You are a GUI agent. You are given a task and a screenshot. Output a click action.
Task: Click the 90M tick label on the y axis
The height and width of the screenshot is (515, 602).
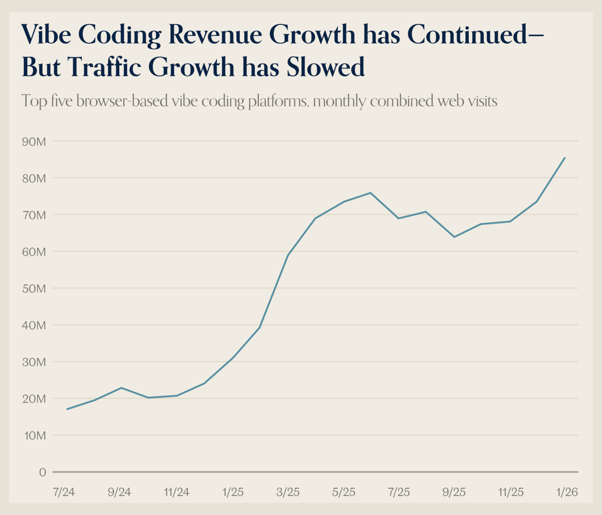pyautogui.click(x=33, y=141)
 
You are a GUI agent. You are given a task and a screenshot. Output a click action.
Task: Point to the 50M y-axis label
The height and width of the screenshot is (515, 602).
pyautogui.click(x=33, y=288)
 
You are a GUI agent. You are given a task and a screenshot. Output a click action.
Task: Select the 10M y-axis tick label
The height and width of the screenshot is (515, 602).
pyautogui.click(x=33, y=435)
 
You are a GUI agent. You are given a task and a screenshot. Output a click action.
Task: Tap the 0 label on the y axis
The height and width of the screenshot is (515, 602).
pyautogui.click(x=42, y=472)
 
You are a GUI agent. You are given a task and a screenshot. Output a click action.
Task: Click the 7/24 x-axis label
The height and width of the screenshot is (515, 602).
pyautogui.click(x=65, y=492)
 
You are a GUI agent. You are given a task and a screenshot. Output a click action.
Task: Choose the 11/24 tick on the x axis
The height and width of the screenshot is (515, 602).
pyautogui.click(x=177, y=492)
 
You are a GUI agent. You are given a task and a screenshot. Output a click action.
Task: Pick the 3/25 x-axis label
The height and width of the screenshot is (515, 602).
pyautogui.click(x=288, y=492)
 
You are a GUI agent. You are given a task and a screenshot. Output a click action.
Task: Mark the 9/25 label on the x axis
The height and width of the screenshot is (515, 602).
pyautogui.click(x=454, y=492)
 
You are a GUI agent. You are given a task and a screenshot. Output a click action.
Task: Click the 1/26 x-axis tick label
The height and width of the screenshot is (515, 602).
pyautogui.click(x=566, y=492)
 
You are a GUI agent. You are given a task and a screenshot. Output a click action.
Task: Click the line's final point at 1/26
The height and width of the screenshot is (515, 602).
pyautogui.click(x=565, y=158)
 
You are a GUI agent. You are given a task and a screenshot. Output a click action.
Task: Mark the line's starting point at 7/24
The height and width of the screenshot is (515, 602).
pyautogui.click(x=67, y=409)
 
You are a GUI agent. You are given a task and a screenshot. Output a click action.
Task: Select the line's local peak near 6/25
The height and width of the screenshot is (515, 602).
pyautogui.click(x=371, y=193)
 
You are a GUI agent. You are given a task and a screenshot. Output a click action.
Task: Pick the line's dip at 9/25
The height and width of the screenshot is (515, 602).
pyautogui.click(x=454, y=237)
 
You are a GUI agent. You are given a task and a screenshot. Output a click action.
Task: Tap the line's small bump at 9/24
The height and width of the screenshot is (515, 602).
pyautogui.click(x=122, y=388)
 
